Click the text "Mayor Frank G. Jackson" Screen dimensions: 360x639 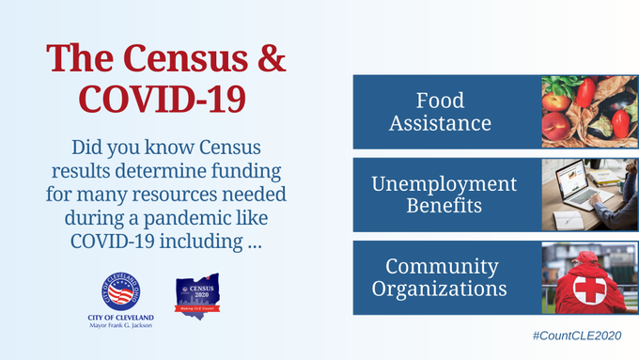[x=115, y=328]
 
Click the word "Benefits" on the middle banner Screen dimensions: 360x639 [x=444, y=205]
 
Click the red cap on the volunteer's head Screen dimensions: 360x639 [x=584, y=258]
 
